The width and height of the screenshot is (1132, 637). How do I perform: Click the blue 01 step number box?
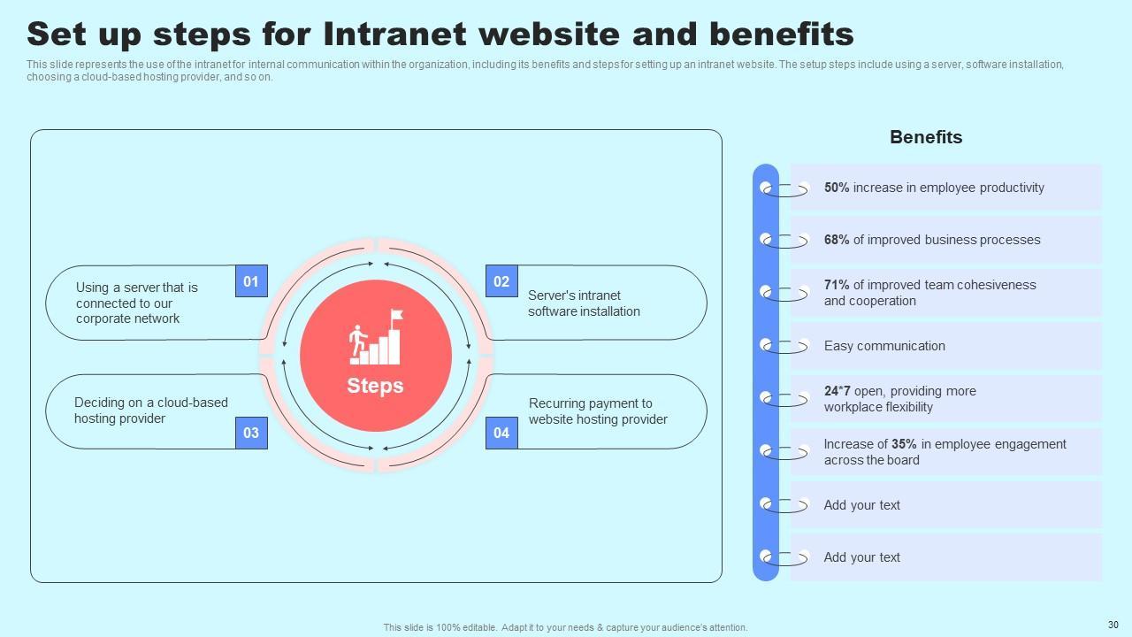pos(251,281)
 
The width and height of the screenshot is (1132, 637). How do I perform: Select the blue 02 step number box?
pos(501,281)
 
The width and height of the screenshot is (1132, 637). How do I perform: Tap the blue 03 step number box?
pos(251,433)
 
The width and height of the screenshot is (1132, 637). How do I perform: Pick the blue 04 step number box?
pos(501,433)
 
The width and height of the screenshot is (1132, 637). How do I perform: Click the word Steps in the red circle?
pos(375,386)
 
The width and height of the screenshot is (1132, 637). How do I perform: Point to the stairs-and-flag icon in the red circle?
pos(376,338)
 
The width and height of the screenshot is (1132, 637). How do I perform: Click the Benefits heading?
pos(926,137)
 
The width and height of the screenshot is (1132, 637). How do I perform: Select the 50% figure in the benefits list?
pos(837,188)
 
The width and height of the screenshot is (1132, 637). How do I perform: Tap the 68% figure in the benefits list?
pos(837,240)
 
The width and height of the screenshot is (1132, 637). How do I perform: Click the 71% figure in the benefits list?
pos(837,285)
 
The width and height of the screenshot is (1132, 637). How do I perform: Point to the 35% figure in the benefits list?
pos(904,444)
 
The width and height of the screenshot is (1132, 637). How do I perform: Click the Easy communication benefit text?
pos(884,346)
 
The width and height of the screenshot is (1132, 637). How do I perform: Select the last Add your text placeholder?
pos(861,557)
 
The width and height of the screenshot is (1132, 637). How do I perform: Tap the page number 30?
pos(1113,624)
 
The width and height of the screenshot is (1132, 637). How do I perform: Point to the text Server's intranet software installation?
pos(584,303)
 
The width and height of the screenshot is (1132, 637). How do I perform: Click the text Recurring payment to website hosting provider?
pos(598,411)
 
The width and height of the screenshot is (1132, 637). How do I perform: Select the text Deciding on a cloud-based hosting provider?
pos(150,411)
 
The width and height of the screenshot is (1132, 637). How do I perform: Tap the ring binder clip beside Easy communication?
pos(784,346)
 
